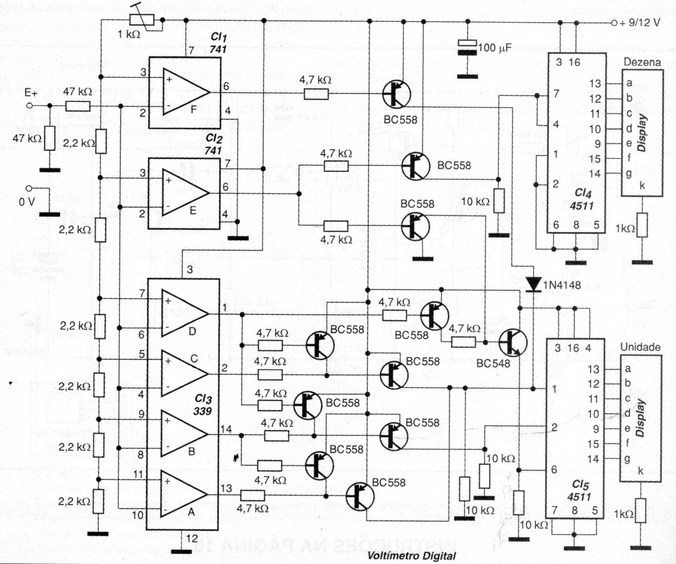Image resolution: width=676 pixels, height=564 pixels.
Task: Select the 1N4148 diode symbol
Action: coord(533,284)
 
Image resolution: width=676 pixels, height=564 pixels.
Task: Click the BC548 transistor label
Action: coord(493,363)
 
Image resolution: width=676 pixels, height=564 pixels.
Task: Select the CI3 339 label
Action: coord(203,404)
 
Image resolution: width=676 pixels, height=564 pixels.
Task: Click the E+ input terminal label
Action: coord(31,93)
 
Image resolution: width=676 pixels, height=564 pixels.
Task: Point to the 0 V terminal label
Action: coord(27,201)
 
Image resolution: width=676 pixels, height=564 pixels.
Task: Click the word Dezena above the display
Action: coord(642,62)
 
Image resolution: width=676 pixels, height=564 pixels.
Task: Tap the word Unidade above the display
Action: coord(640,347)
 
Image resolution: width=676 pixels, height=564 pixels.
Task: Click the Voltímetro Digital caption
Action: coord(411,556)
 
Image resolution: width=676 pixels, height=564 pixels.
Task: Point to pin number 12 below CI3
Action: coord(192,538)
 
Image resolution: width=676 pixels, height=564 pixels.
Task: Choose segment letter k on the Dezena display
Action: coord(642,186)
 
